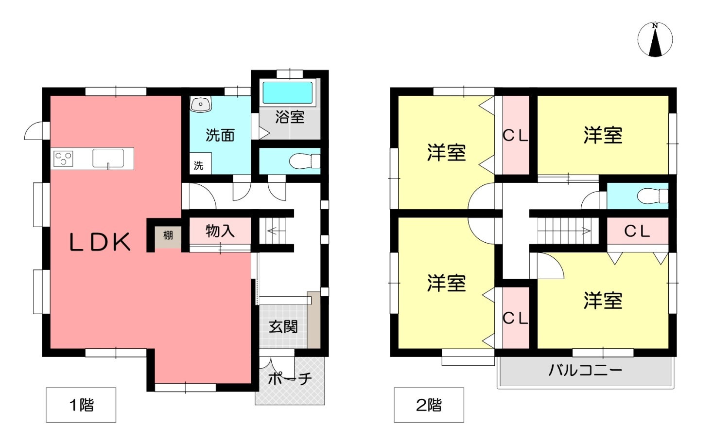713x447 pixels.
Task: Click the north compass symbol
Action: pos(655,39)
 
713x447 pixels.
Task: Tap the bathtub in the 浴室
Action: pos(287,92)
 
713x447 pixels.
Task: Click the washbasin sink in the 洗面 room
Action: pos(201,104)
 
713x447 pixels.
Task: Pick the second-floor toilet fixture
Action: pos(653,196)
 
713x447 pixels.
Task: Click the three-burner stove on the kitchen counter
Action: pos(64,159)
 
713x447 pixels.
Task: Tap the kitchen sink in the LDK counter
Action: pos(108,158)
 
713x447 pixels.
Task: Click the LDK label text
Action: pos(100,242)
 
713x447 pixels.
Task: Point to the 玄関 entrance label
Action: pos(283,327)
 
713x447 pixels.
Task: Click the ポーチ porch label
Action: pos(289,379)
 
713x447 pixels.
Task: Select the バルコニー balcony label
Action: pos(585,371)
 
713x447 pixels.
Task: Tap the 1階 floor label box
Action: pos(81,405)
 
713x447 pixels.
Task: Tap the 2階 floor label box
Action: pos(429,405)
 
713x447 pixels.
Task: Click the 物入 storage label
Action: pos(220,231)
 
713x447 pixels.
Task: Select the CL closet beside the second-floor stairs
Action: pos(638,231)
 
